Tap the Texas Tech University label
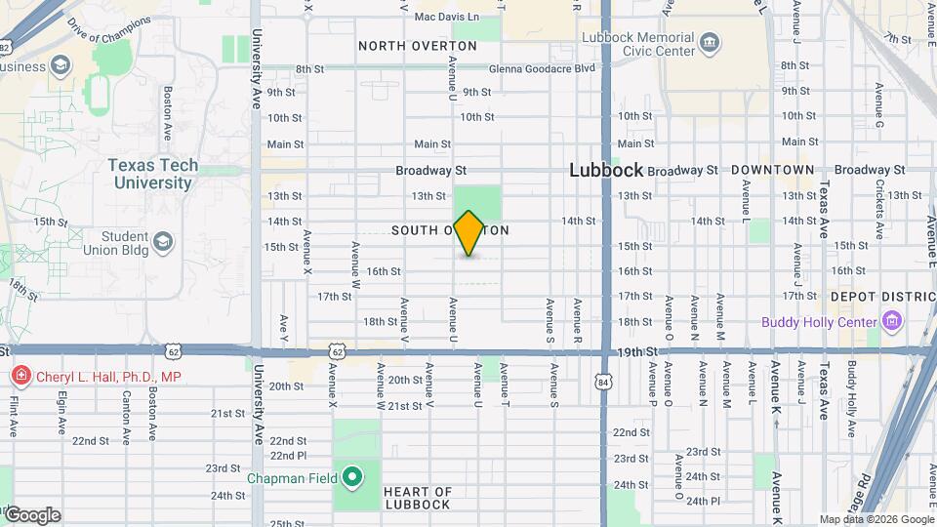tap(152, 174)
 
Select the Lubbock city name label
tap(606, 170)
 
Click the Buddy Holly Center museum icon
tap(890, 321)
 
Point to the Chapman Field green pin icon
tap(352, 478)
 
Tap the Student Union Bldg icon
tap(162, 240)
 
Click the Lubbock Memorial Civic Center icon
tap(710, 44)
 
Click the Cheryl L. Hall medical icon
tap(20, 376)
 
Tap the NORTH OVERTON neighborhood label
tap(417, 46)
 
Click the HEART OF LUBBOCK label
tap(417, 498)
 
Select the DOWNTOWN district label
tap(772, 170)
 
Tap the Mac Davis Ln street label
tap(446, 18)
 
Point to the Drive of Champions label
tap(109, 35)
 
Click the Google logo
tap(31, 514)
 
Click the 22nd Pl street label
tap(288, 456)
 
